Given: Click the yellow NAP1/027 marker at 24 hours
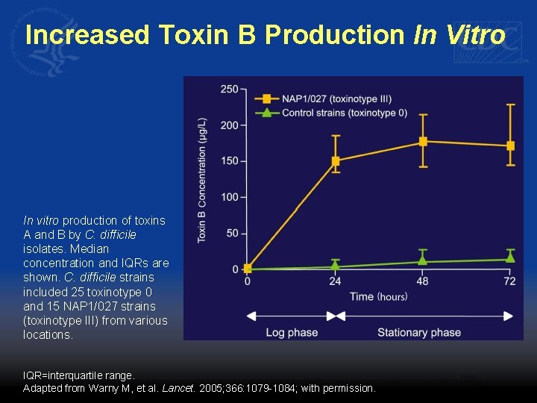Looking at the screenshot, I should pyautogui.click(x=336, y=160).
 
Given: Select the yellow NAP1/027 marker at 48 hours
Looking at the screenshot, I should pyautogui.click(x=423, y=141).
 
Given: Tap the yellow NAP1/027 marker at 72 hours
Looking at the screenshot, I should pyautogui.click(x=511, y=146).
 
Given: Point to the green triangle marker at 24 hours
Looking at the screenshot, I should pyautogui.click(x=336, y=265).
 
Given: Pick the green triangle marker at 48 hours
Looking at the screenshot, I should pyautogui.click(x=423, y=260).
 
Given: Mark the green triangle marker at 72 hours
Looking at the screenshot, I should pyautogui.click(x=511, y=257).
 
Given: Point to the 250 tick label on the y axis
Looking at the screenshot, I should pyautogui.click(x=229, y=90).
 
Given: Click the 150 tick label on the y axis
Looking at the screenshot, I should pyautogui.click(x=229, y=161).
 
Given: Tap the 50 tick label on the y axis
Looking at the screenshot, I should pyautogui.click(x=232, y=234).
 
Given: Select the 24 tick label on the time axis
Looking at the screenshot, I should pyautogui.click(x=336, y=281).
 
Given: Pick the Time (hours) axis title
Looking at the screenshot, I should pyautogui.click(x=378, y=296).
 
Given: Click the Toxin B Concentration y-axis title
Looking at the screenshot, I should pyautogui.click(x=201, y=179).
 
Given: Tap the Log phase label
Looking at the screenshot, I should pyautogui.click(x=292, y=332).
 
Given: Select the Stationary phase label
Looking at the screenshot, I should pyautogui.click(x=419, y=332).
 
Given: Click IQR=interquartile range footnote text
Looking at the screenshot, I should pyautogui.click(x=79, y=375).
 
